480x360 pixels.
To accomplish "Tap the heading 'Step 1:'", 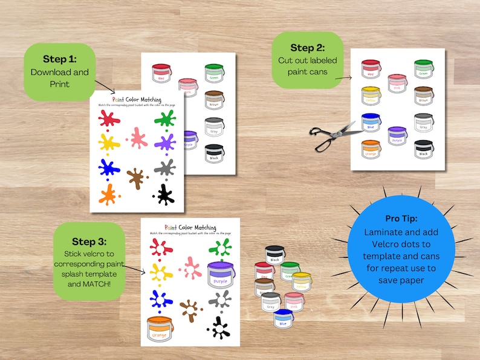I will [x=60, y=59].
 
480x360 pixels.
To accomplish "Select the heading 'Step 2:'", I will [x=307, y=48].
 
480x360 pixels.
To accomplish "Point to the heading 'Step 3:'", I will [x=88, y=242].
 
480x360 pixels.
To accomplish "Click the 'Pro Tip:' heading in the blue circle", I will [x=401, y=218].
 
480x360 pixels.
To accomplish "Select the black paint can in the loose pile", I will [x=275, y=256].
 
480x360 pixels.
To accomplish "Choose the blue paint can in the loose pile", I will [x=283, y=319].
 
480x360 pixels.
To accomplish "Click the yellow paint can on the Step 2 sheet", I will [x=371, y=95].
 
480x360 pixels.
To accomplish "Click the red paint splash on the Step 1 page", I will [x=109, y=117].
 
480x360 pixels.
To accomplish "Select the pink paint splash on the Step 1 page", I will [x=138, y=138].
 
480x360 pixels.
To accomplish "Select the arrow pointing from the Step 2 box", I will [x=343, y=77].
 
